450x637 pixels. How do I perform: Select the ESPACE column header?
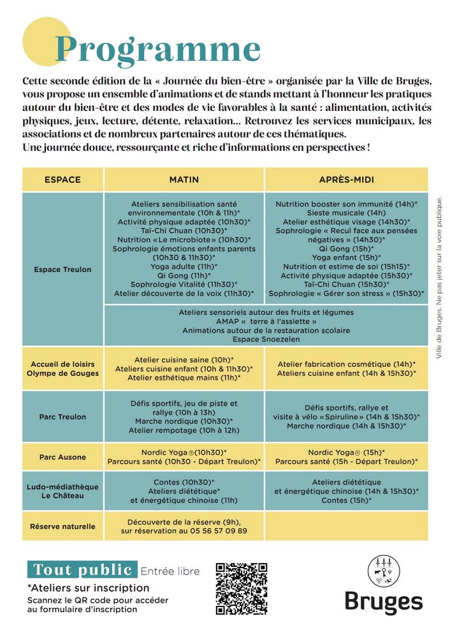pos(62,180)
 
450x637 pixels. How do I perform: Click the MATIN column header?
pos(184,180)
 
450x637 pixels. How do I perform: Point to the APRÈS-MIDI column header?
pos(345,180)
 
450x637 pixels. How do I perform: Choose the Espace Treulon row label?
pos(62,269)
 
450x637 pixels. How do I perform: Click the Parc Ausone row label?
pos(62,457)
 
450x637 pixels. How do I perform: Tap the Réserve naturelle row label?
pos(62,526)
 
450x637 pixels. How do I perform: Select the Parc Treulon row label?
pos(62,417)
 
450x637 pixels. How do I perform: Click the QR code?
pos(241,589)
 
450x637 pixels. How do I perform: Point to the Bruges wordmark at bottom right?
pos(384,602)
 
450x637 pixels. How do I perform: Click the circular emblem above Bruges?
pos(384,570)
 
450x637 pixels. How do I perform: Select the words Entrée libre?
pos(170,571)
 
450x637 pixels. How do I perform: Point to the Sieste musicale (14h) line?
pos(346,213)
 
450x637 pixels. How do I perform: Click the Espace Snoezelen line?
pos(266,340)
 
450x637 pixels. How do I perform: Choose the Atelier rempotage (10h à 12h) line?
pos(184,430)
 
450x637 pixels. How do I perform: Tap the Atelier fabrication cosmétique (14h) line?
pos(346,364)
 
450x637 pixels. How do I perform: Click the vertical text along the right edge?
pos(439,277)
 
